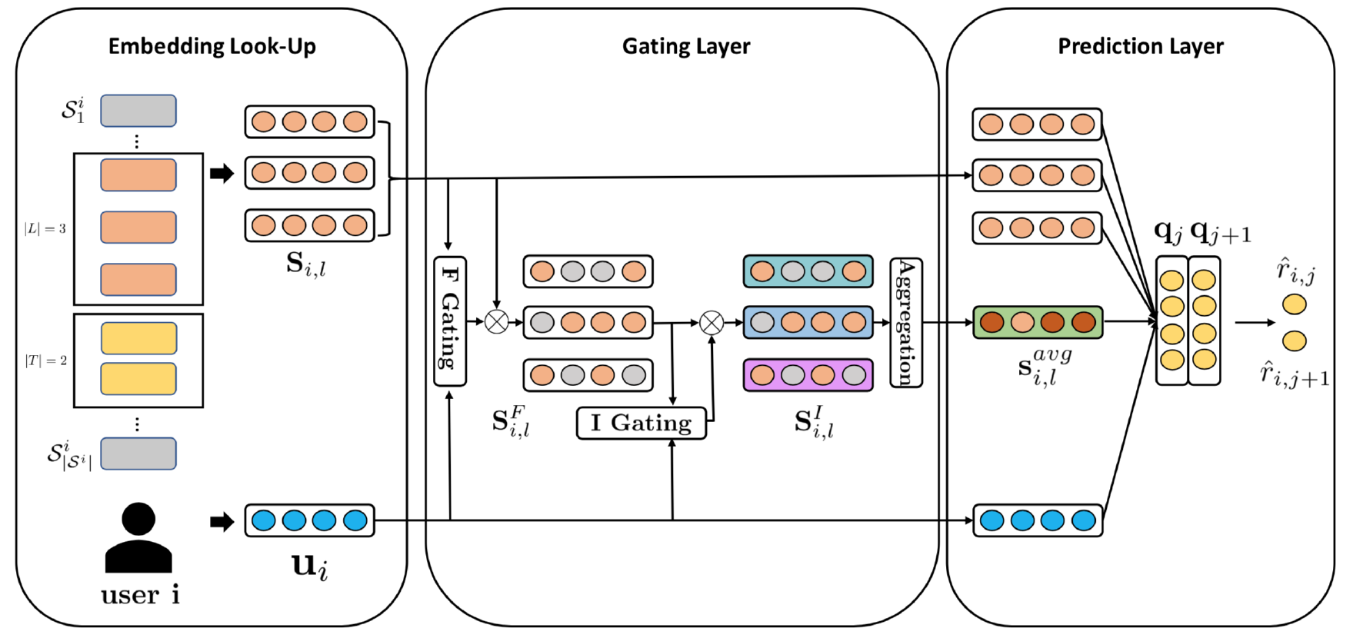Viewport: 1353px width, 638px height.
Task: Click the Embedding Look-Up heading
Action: coord(212,46)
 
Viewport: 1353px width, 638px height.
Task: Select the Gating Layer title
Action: coord(685,46)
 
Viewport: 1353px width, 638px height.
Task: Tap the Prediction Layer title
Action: coord(1140,46)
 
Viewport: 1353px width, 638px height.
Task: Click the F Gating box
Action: coord(450,321)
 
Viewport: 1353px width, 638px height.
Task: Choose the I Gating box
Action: coord(641,423)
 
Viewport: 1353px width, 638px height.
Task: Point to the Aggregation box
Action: coord(905,322)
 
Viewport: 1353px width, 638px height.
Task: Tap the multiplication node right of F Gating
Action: coord(497,321)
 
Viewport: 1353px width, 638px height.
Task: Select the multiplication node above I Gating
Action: coord(711,322)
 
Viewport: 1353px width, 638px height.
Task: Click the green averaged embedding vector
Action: coord(1037,322)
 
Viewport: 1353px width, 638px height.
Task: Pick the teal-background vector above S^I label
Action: coord(808,271)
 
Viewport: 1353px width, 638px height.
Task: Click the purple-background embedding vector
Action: coord(808,375)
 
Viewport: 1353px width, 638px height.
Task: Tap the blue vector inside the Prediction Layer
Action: coord(1037,520)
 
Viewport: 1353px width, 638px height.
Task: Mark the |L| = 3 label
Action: coord(45,228)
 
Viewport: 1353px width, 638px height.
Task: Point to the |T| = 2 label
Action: coord(46,360)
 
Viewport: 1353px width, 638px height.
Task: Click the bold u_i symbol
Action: coord(310,566)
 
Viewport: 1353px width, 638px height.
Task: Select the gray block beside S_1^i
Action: coord(138,111)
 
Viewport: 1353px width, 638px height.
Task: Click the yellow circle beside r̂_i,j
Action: coord(1294,304)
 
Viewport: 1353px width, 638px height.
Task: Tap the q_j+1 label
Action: coord(1220,231)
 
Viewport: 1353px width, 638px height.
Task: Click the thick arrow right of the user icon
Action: coord(222,522)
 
